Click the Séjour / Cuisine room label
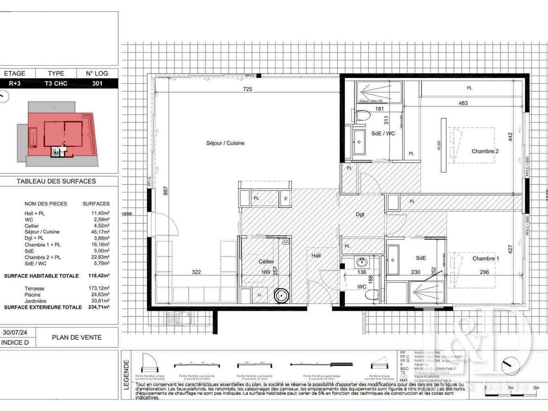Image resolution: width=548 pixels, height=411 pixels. pos(225,143)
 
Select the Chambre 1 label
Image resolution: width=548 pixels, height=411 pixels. pos(485,258)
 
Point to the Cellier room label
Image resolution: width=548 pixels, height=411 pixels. pos(266,262)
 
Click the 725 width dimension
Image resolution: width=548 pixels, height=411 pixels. pos(248,89)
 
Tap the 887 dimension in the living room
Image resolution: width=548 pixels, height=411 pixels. pos(165,191)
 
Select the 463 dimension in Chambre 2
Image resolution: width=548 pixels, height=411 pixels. pos(463,103)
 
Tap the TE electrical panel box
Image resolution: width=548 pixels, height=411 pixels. pos(286,198)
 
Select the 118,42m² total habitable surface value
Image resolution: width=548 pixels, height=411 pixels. pos(99,276)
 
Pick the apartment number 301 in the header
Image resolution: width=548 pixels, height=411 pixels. pos(97,83)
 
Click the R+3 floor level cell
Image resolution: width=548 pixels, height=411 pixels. pos(18,83)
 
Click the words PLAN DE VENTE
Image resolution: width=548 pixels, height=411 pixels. pos(76,337)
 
